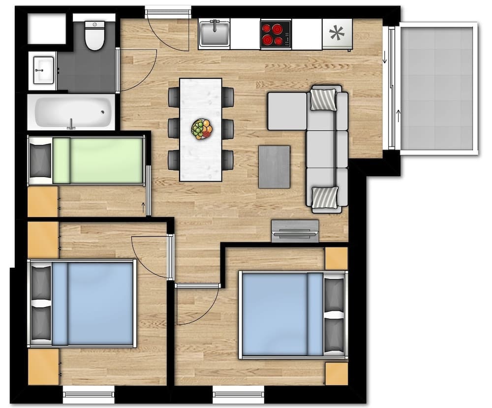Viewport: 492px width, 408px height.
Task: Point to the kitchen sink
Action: pyautogui.click(x=214, y=33)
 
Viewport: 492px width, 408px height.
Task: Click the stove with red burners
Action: pyautogui.click(x=276, y=34)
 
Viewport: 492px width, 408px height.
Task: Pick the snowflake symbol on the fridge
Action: pyautogui.click(x=337, y=34)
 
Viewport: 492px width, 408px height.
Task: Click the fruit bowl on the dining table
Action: pyautogui.click(x=202, y=129)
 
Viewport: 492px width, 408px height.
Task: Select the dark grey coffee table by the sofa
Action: pyautogui.click(x=274, y=166)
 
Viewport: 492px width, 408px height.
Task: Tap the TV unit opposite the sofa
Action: pyautogui.click(x=295, y=231)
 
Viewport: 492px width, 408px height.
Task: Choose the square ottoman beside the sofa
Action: pyautogui.click(x=287, y=111)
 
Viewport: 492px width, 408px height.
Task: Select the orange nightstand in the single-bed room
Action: pyautogui.click(x=43, y=201)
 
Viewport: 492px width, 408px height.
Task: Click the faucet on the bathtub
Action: pyautogui.click(x=71, y=124)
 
